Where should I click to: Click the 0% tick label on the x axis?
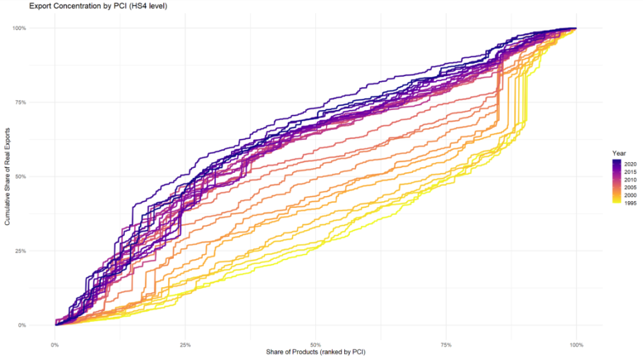coord(55,345)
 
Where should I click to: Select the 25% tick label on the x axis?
coord(185,345)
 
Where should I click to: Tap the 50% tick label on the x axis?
coord(316,345)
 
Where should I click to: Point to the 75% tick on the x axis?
coord(446,345)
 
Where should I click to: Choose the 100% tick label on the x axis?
coord(576,345)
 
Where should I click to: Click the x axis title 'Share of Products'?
coord(316,352)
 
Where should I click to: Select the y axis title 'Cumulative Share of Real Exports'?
coord(8,177)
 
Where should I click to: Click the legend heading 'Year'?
coord(619,153)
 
